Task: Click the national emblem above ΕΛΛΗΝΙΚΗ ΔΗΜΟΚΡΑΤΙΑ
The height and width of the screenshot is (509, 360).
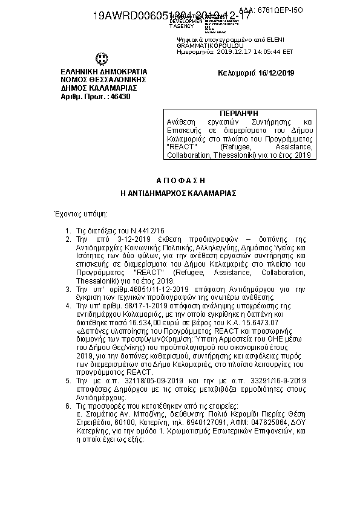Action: coord(100,59)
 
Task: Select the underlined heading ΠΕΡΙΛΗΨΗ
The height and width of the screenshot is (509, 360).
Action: coord(239,114)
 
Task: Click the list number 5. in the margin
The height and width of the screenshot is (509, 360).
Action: coord(67,380)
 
